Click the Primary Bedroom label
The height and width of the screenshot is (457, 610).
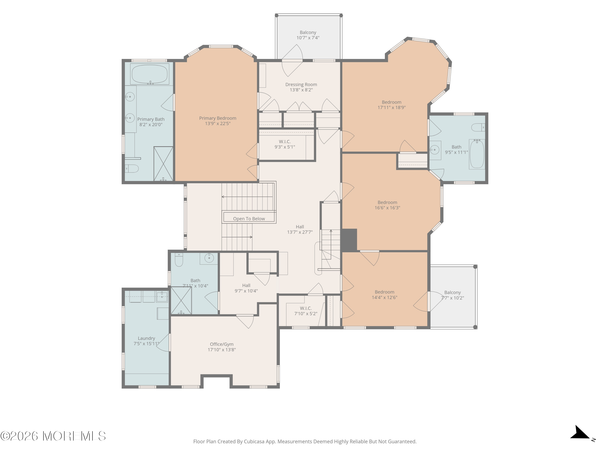coord(218,118)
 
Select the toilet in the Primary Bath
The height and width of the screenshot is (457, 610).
coord(132,168)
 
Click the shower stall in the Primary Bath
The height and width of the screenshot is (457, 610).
coord(163,164)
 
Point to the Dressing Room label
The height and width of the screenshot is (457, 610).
coord(301,84)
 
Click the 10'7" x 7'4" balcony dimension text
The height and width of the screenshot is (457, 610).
coord(308,38)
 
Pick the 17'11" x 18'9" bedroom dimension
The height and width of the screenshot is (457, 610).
coord(391,107)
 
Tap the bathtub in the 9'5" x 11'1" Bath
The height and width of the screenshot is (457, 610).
coord(477,154)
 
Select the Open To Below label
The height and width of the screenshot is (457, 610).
coord(249,219)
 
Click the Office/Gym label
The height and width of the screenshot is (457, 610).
coord(222,344)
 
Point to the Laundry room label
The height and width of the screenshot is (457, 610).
coord(146,338)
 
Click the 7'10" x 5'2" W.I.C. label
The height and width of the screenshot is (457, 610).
coord(306,311)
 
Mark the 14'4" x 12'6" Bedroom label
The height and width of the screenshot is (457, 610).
coord(385,295)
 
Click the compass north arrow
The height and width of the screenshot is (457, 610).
coord(580,432)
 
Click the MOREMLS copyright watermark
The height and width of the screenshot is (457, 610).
coord(53,436)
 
